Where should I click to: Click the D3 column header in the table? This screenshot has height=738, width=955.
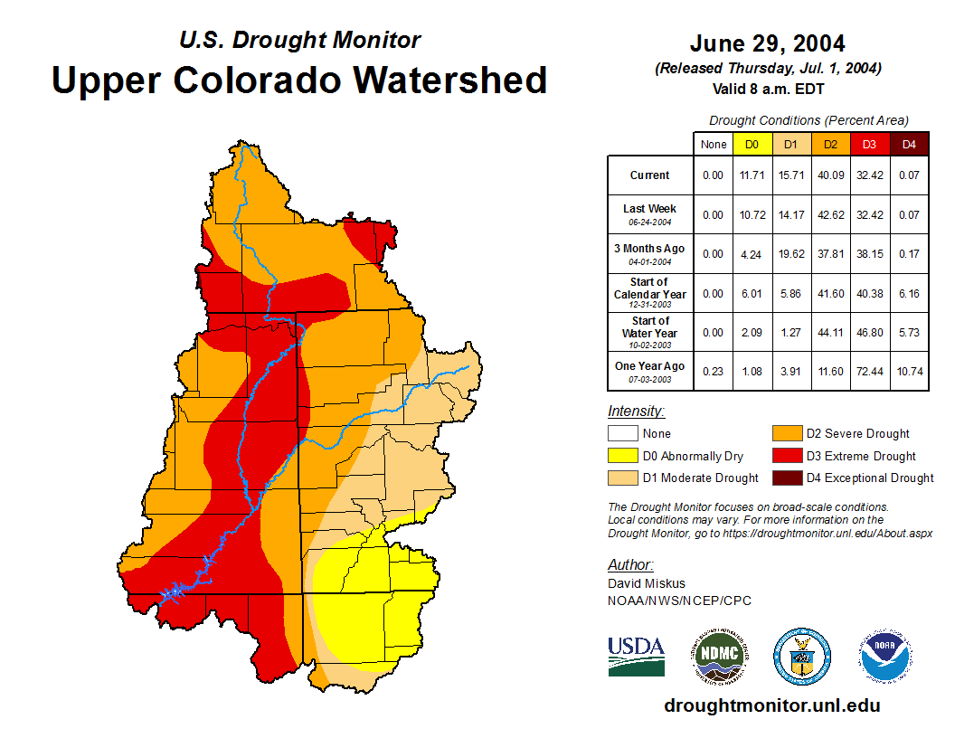tap(868, 145)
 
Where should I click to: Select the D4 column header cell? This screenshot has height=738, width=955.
tap(909, 145)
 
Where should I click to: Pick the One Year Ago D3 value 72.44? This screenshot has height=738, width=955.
tap(868, 367)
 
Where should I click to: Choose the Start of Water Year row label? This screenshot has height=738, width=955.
tap(650, 327)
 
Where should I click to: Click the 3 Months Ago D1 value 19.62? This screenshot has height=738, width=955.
tap(790, 254)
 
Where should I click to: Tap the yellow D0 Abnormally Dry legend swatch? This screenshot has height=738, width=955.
tap(622, 456)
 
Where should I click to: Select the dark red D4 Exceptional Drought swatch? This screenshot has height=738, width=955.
tap(787, 478)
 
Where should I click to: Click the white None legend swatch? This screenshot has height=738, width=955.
tap(622, 434)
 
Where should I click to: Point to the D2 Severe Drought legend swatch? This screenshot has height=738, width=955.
tap(787, 434)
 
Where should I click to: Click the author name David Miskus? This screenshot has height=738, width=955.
tap(647, 583)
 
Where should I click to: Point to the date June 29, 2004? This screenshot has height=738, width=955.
tap(767, 43)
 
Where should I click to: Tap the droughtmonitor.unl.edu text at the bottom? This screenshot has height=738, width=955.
tap(771, 705)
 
